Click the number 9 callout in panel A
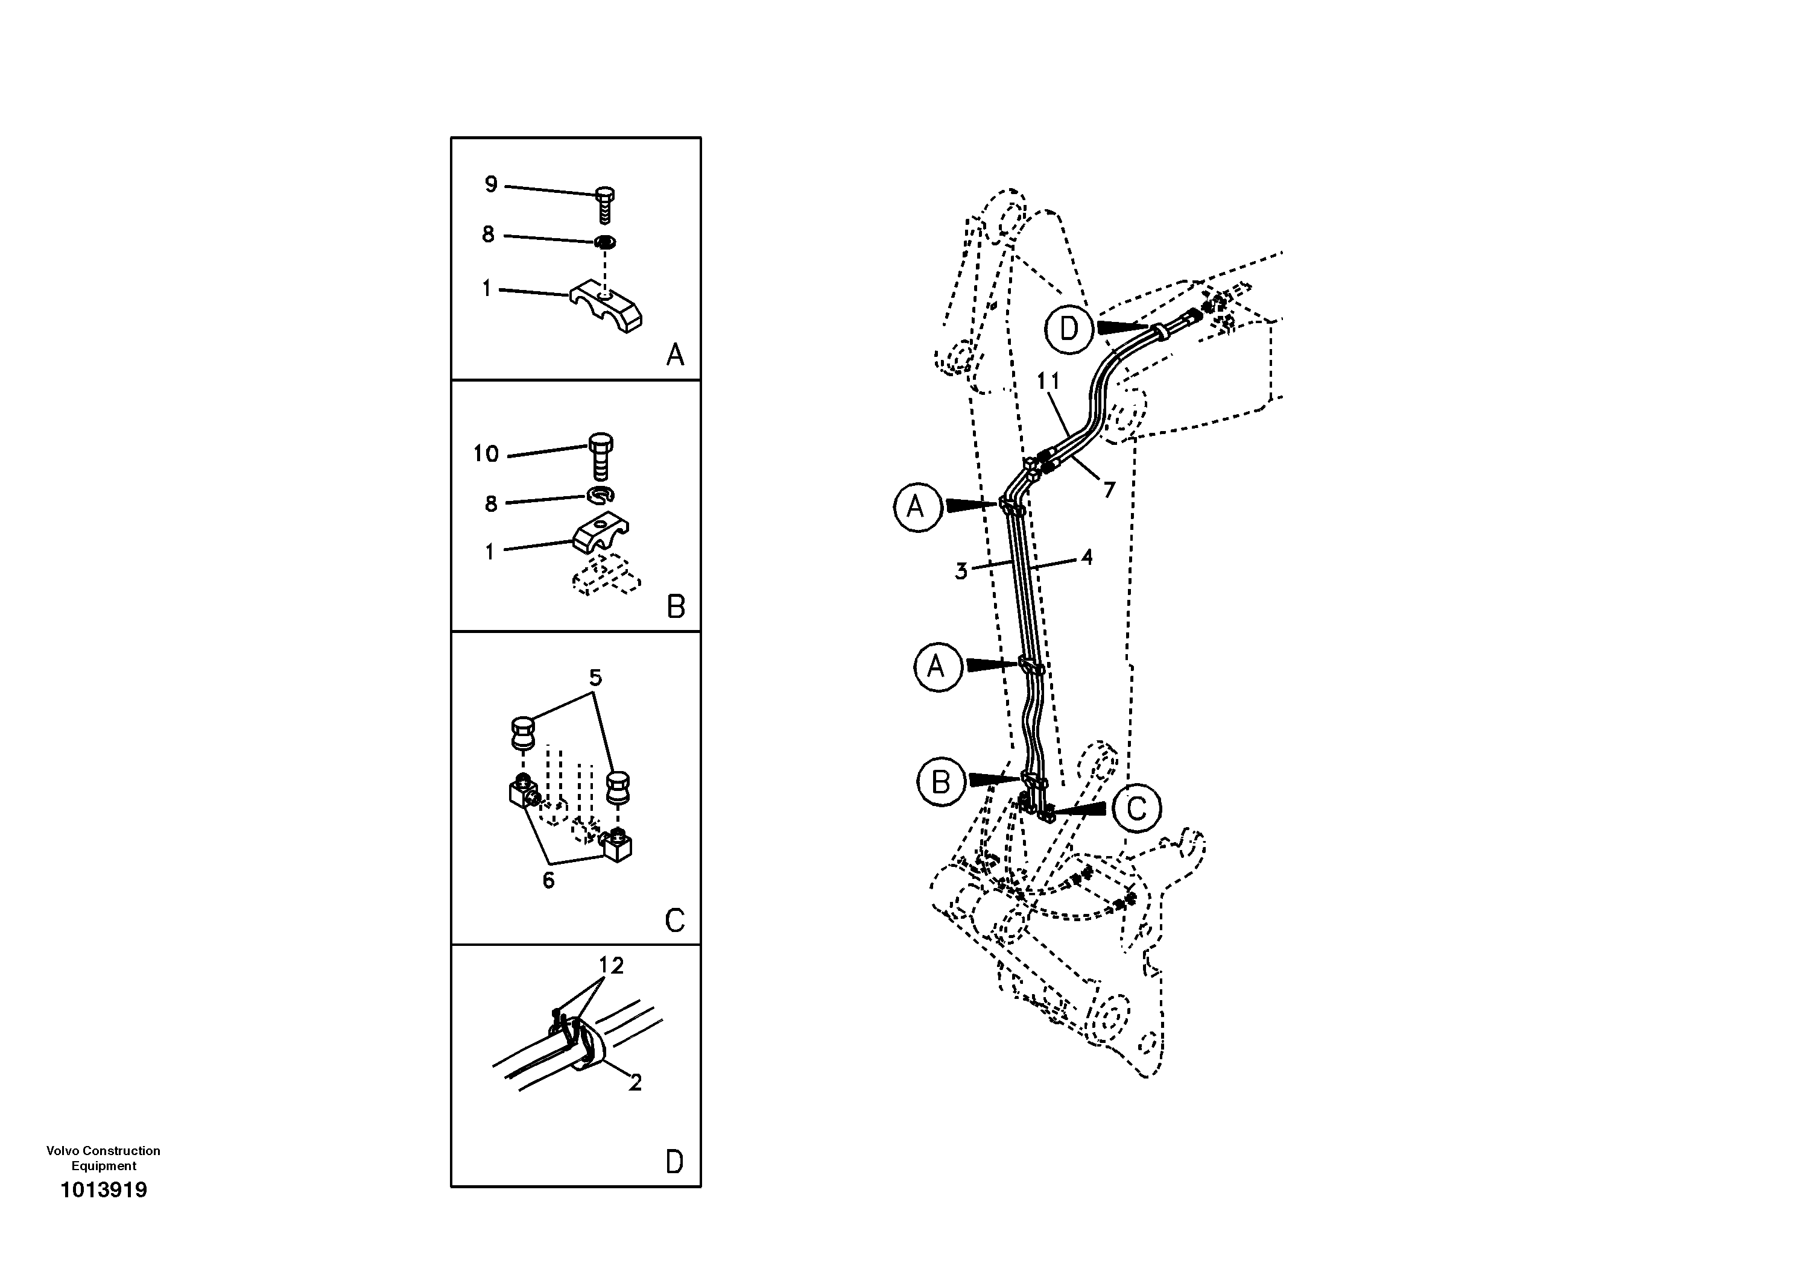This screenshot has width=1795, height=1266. click(x=491, y=184)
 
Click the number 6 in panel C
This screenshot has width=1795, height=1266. click(x=549, y=880)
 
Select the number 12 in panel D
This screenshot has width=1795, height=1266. click(x=612, y=966)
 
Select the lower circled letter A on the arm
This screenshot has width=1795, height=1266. click(x=937, y=667)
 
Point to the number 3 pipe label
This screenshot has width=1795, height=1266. click(x=961, y=572)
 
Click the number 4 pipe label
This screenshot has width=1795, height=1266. click(x=1087, y=557)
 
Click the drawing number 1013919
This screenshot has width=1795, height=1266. click(x=104, y=1190)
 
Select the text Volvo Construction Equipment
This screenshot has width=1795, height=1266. click(x=103, y=1158)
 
